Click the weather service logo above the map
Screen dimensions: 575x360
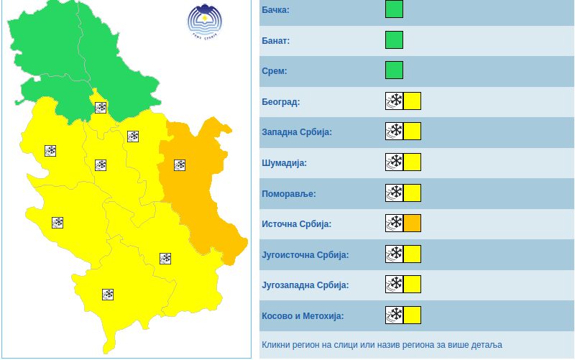click(x=205, y=23)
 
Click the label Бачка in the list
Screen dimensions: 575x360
click(x=276, y=9)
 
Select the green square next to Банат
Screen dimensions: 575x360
click(x=394, y=40)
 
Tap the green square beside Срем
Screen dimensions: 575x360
click(x=394, y=70)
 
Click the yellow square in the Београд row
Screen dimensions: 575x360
click(x=412, y=101)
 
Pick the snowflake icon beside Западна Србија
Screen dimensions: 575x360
click(x=394, y=131)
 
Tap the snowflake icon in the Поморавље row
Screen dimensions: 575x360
click(x=394, y=193)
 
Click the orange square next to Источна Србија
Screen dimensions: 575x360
click(x=412, y=223)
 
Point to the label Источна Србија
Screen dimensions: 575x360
click(x=297, y=223)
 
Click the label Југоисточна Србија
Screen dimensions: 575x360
click(x=305, y=254)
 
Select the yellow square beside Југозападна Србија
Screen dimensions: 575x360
click(x=412, y=285)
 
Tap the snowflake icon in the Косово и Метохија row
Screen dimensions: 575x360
click(x=394, y=315)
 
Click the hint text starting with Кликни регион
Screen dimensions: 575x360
click(x=382, y=345)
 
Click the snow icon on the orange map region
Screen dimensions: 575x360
click(x=180, y=165)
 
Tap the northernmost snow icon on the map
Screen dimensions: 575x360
click(x=101, y=108)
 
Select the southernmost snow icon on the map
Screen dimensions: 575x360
click(x=108, y=294)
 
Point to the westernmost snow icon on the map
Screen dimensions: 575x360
click(x=50, y=151)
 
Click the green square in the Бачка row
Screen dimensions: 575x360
click(x=394, y=9)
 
